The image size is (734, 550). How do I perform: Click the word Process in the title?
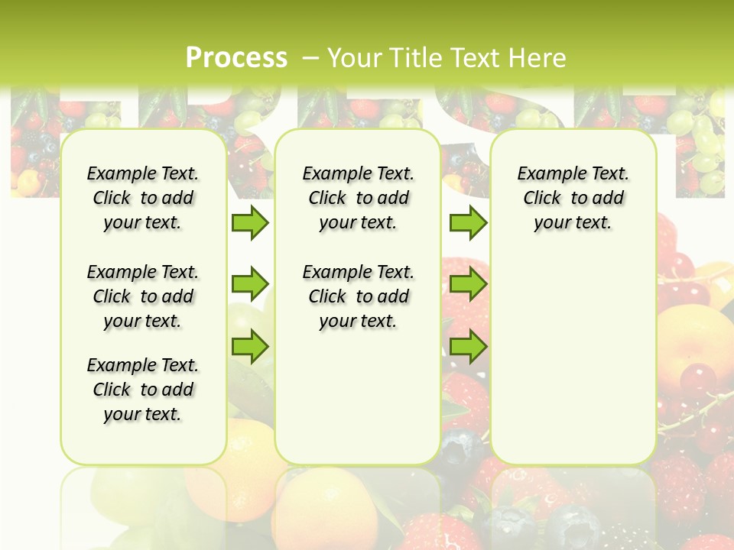(236, 57)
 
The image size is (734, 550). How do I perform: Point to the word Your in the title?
(355, 57)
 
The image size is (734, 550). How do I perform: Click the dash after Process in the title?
(310, 58)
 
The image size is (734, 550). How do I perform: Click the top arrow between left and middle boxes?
(249, 222)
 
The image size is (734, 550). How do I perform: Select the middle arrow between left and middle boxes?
(249, 284)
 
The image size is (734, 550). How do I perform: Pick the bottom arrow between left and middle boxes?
(249, 347)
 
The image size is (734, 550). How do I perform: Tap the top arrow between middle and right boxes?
(468, 222)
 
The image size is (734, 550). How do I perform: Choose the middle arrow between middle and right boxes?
(468, 284)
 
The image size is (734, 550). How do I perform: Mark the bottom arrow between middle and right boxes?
(468, 347)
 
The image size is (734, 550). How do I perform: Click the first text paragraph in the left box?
(143, 198)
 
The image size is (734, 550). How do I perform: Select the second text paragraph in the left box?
(143, 296)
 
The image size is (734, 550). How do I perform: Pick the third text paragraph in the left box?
(143, 390)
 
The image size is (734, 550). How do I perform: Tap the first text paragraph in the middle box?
(358, 198)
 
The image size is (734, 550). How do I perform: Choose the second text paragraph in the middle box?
(358, 296)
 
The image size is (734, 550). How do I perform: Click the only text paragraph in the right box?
(573, 198)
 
